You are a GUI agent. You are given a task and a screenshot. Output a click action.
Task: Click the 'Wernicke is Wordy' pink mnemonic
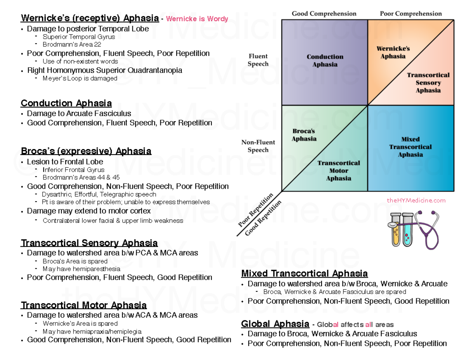(197, 19)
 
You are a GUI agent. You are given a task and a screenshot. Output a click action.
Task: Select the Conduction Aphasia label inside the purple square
(325, 61)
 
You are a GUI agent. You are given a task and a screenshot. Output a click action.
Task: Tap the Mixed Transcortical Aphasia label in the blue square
(410, 147)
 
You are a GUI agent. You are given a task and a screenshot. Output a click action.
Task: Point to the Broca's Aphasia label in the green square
(304, 135)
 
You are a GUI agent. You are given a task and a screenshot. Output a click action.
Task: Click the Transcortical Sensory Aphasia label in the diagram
(428, 83)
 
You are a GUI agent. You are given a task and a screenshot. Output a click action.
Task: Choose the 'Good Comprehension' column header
(324, 14)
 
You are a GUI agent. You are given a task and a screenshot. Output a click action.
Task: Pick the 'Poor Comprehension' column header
(411, 14)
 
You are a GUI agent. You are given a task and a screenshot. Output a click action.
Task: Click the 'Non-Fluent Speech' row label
(258, 146)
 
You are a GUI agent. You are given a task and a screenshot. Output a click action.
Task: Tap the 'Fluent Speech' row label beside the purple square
(258, 60)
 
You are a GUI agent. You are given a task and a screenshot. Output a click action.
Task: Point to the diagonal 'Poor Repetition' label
(256, 210)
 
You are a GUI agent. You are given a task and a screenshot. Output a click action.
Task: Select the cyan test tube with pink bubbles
(407, 230)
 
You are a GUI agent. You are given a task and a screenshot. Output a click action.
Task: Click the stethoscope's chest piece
(393, 225)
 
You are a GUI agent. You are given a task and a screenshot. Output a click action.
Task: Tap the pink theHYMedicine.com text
(416, 200)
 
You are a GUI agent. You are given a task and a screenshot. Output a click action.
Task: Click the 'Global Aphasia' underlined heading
(275, 324)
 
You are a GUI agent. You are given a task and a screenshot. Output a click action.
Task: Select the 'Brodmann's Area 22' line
(72, 44)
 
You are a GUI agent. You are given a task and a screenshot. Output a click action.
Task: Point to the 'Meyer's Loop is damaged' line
(80, 78)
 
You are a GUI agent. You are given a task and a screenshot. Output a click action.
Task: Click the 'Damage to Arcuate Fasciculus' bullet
(79, 113)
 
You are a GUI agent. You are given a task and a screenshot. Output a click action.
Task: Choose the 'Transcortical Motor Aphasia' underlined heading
(83, 305)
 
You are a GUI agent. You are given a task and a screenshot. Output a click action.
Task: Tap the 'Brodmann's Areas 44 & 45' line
(81, 177)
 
